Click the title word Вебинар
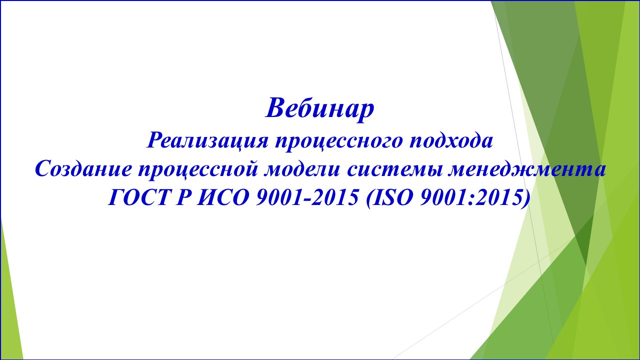point(319,107)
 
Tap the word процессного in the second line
point(339,140)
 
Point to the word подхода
point(451,140)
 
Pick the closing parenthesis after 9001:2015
point(525,199)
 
